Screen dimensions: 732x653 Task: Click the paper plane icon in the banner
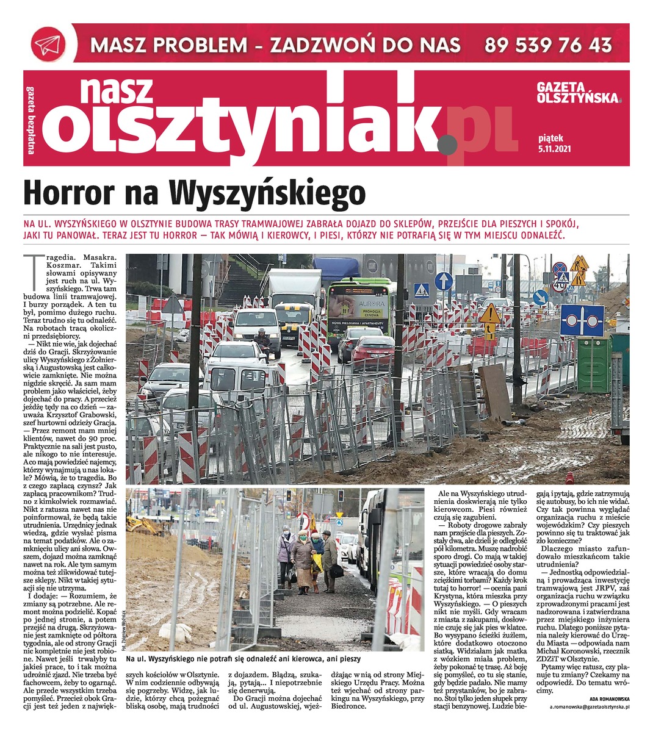tap(48, 44)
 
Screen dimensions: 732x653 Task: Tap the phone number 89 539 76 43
tap(548, 45)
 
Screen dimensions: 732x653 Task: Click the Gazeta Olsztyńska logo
tap(579, 93)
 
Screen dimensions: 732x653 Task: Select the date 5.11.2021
tap(555, 147)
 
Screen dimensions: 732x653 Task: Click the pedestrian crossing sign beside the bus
tap(421, 291)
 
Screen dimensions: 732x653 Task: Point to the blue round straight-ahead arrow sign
tap(444, 281)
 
